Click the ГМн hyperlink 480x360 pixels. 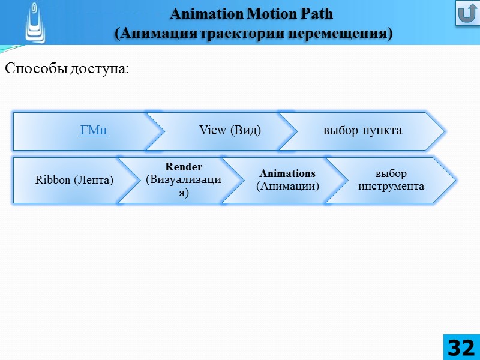[94, 130]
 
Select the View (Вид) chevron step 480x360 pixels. [230, 130]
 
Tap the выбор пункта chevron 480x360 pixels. [362, 130]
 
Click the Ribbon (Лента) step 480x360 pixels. [74, 179]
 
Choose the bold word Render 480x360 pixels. [184, 167]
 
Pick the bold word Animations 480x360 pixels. [287, 173]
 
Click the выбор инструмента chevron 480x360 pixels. [391, 179]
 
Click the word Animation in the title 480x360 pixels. [200, 13]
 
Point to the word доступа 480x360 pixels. [100, 69]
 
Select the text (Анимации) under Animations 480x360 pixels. [287, 186]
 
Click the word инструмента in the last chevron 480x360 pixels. [391, 186]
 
